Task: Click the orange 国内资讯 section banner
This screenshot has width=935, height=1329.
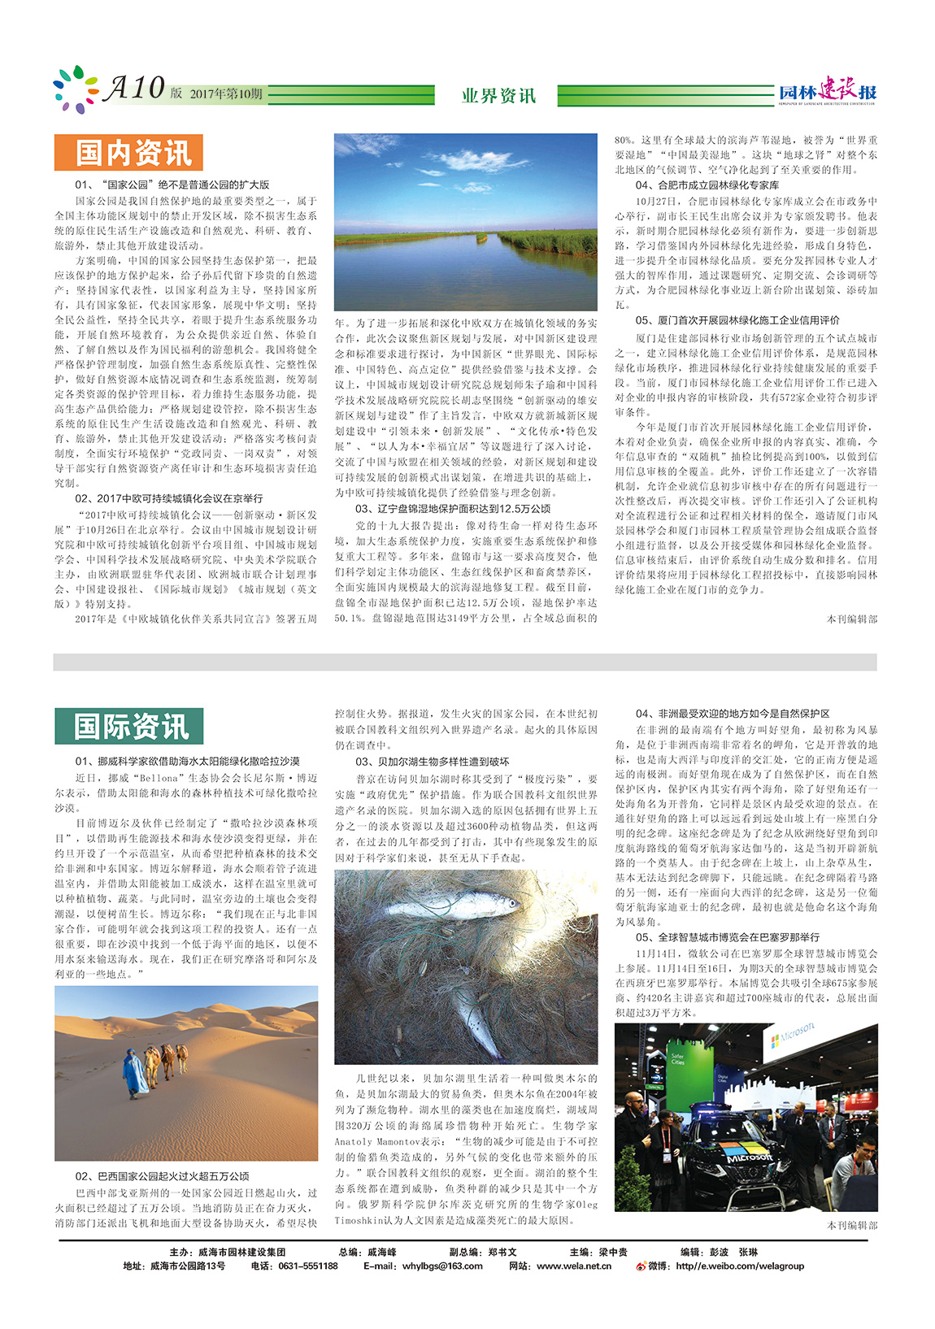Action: click(128, 152)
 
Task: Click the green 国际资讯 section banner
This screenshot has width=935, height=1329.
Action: click(128, 726)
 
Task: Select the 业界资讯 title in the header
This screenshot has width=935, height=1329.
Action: click(498, 96)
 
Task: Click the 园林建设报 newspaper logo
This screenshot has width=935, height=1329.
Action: click(827, 92)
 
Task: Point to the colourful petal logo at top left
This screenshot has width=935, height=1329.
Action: click(74, 88)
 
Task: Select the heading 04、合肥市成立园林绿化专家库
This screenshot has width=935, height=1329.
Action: click(707, 185)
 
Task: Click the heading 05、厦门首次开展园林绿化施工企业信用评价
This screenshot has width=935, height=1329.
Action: click(737, 320)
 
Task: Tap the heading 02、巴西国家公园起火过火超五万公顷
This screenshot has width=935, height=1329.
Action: click(162, 1176)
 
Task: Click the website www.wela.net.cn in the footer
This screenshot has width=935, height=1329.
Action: click(573, 1266)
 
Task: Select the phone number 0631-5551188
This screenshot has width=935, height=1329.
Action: click(307, 1266)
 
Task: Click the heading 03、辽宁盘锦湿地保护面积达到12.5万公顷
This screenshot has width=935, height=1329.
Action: click(453, 509)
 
